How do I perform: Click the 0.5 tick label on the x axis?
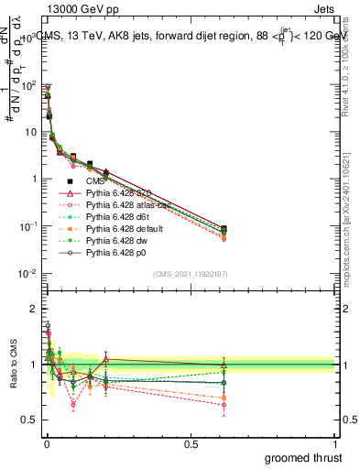click(x=191, y=444)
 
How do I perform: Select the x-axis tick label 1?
click(x=336, y=444)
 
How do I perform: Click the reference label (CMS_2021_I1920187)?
click(x=191, y=273)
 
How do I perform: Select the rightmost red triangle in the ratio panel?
click(x=224, y=365)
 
